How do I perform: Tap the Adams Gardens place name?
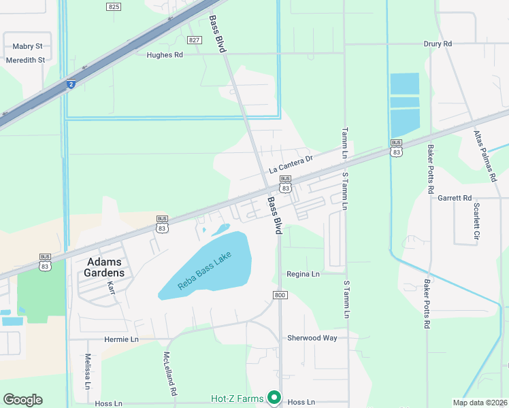(x=105, y=267)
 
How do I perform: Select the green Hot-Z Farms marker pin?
(x=274, y=397)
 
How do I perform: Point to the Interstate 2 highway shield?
(x=70, y=84)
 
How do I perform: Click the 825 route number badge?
(x=114, y=6)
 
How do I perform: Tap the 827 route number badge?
(x=195, y=40)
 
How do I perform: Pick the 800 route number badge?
(x=280, y=294)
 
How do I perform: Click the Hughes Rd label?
(x=165, y=55)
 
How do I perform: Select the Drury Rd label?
(x=438, y=44)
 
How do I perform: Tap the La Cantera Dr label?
(x=290, y=164)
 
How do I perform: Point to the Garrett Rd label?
(x=455, y=198)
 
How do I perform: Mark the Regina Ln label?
(x=303, y=274)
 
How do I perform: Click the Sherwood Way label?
(x=312, y=338)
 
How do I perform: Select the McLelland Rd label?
(x=169, y=374)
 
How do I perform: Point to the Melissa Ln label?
(x=88, y=371)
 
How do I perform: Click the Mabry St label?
(x=27, y=46)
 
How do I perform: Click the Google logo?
(x=22, y=400)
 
